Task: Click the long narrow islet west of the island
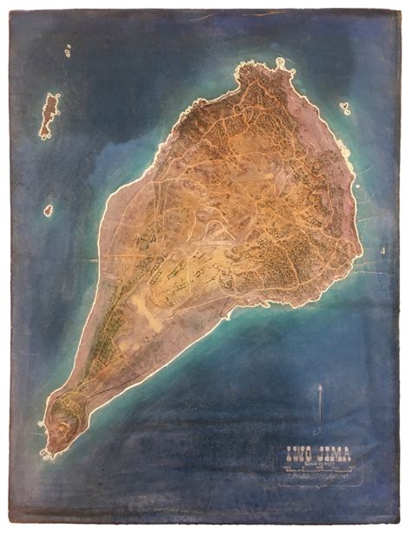click(49, 117)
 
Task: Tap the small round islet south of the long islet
click(48, 210)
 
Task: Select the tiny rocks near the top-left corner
click(67, 51)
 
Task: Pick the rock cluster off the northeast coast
click(345, 108)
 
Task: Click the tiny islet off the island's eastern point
click(382, 251)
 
